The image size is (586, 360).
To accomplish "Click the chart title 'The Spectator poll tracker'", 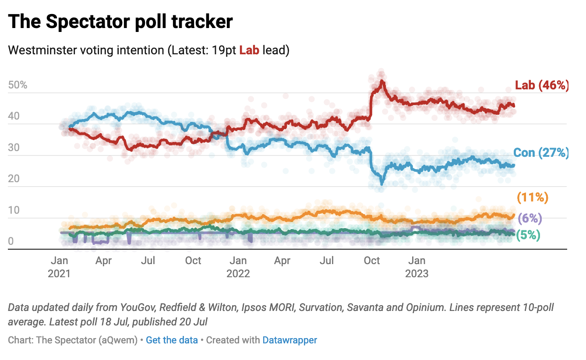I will pos(120,21).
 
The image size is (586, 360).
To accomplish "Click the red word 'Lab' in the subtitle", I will pos(249,50).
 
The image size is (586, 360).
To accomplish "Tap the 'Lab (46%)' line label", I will pos(541,85).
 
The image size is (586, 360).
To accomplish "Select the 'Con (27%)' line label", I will pos(540,153).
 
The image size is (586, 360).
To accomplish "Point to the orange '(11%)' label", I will pos(533,198).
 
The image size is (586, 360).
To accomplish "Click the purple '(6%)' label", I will pos(530,218).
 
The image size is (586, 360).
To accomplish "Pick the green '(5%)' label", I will pos(528,235).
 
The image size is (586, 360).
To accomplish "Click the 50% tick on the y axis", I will pos(18,85).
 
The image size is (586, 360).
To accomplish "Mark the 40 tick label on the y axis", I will pos(14,116).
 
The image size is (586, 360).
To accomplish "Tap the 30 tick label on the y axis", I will pos(14,148).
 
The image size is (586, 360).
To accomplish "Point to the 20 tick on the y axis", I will pos(14,179).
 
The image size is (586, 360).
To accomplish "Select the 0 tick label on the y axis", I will pos(11,241).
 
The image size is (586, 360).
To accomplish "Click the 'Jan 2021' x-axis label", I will pos(60,267).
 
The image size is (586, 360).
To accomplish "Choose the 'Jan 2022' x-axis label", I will pos(238,267).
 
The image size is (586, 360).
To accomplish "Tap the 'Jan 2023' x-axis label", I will pos(417,267).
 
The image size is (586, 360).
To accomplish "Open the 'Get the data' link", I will pos(172,340).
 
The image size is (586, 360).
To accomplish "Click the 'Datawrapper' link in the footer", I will pos(289,340).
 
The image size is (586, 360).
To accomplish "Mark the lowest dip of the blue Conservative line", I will pos(381,184).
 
